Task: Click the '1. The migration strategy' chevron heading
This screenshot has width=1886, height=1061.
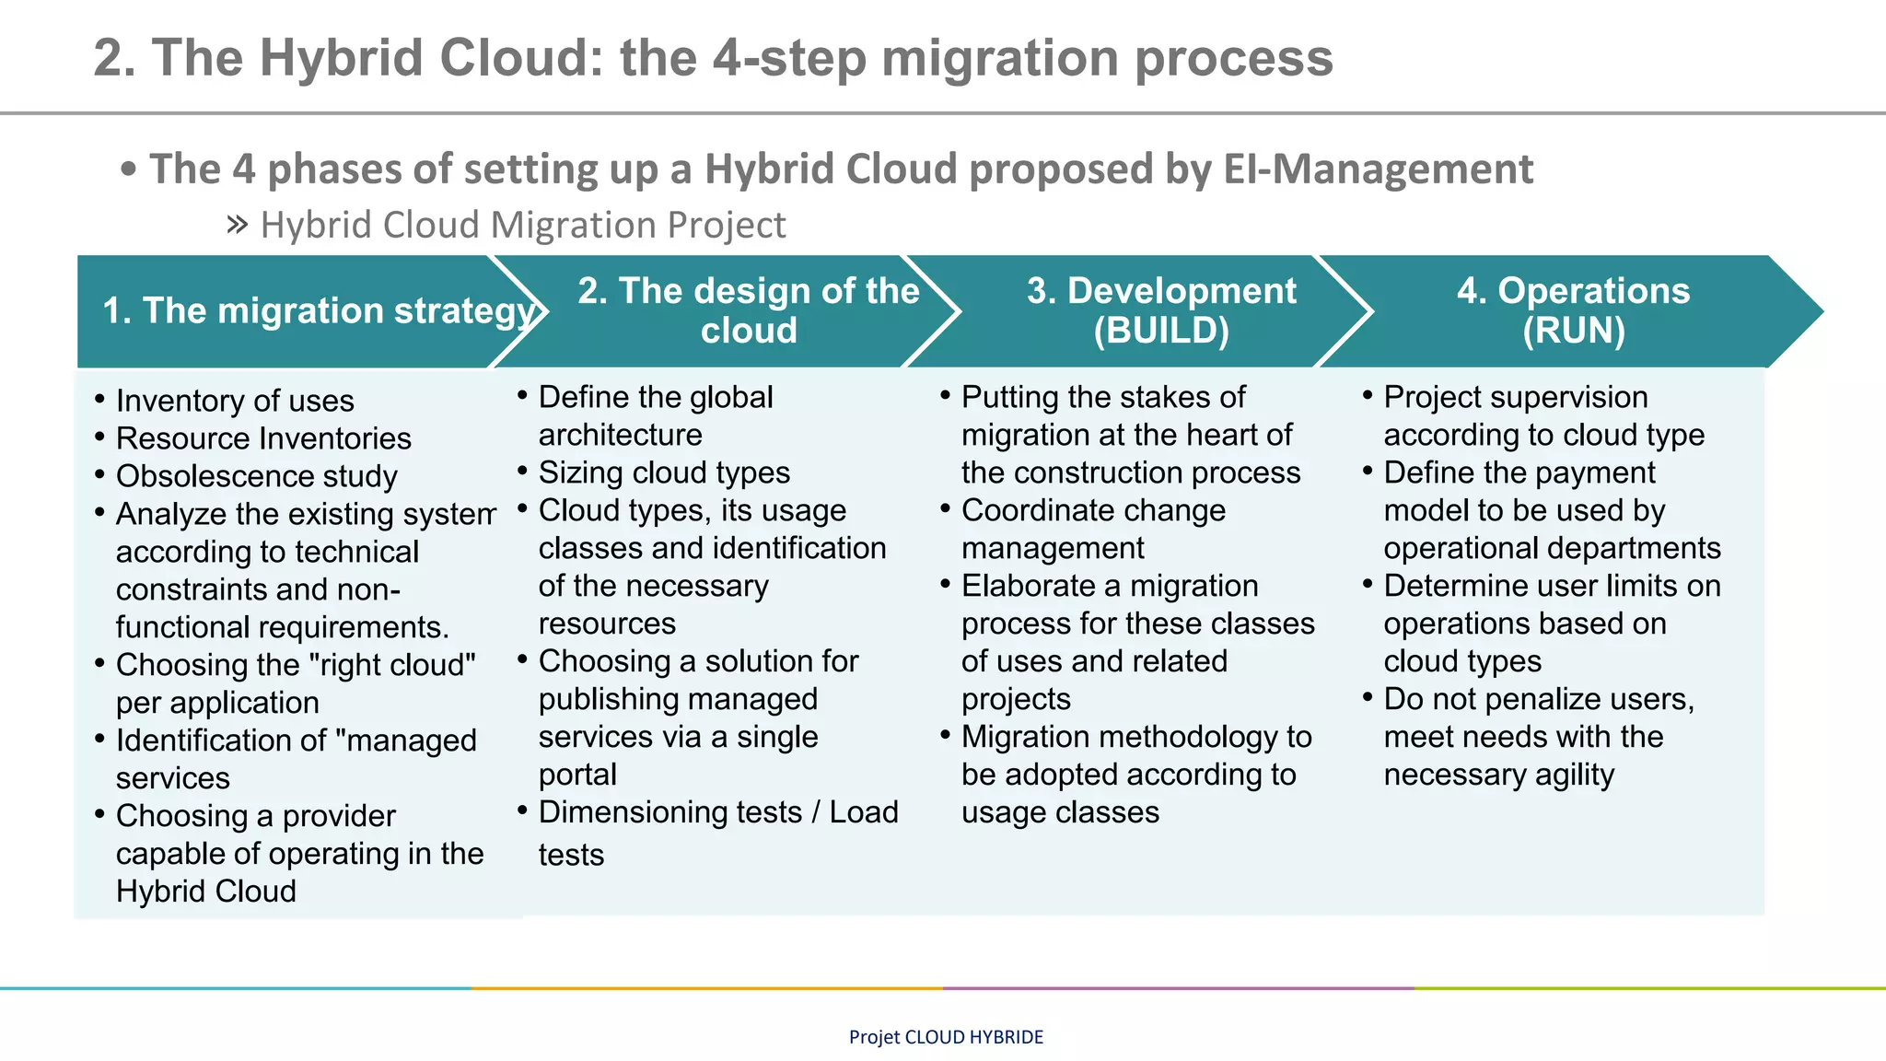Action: pyautogui.click(x=318, y=311)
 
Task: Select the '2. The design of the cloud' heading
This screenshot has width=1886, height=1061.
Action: pyautogui.click(x=748, y=310)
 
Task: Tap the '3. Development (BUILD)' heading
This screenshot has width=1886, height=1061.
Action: pyautogui.click(x=1160, y=310)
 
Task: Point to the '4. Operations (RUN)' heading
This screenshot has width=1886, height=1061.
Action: pyautogui.click(x=1573, y=310)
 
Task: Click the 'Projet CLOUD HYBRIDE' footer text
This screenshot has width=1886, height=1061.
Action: pyautogui.click(x=946, y=1037)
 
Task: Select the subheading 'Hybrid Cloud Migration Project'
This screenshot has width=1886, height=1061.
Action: pyautogui.click(x=522, y=226)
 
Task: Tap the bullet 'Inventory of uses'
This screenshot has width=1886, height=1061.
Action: pyautogui.click(x=235, y=401)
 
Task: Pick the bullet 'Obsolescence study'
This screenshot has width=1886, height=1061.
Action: pyautogui.click(x=256, y=476)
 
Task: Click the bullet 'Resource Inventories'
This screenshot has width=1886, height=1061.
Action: pyautogui.click(x=263, y=438)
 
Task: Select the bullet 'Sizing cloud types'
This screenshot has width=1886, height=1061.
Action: pyautogui.click(x=664, y=472)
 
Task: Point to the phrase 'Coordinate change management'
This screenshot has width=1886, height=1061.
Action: pyautogui.click(x=1093, y=529)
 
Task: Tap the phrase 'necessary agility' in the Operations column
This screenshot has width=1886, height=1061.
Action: pyautogui.click(x=1498, y=775)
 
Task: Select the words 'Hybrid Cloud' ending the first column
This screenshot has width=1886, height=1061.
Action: pyautogui.click(x=206, y=892)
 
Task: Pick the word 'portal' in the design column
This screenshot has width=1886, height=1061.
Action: pyautogui.click(x=577, y=775)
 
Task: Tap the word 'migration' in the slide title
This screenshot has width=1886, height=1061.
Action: pyautogui.click(x=999, y=57)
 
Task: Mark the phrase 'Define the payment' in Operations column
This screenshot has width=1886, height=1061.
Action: pyautogui.click(x=1519, y=472)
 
